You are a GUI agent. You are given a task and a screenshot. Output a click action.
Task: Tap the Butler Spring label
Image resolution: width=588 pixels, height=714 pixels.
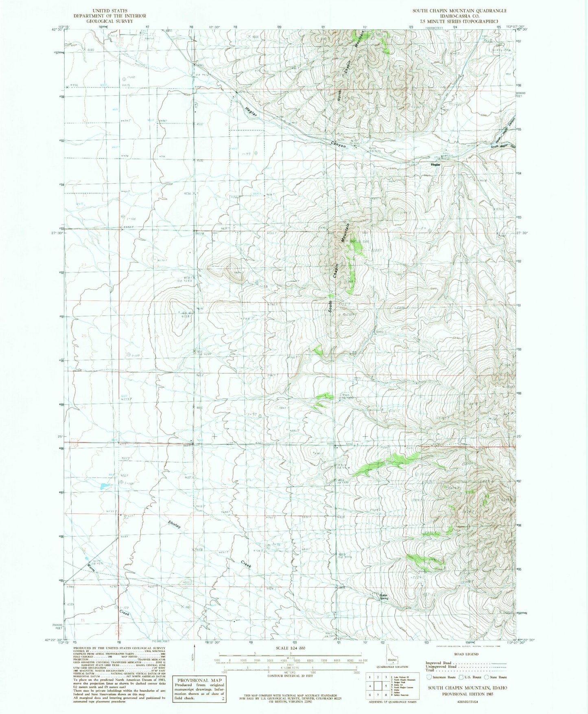coord(384,597)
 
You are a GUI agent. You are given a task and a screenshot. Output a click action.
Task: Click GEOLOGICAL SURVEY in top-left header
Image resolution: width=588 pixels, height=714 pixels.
coord(110,21)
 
